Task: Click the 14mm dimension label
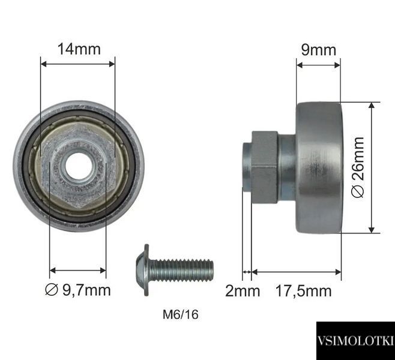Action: pos(79,49)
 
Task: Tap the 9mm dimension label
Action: pos(319,50)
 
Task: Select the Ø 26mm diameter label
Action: pos(358,167)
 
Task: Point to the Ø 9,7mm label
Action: pos(78,290)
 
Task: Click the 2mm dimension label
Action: pos(243,291)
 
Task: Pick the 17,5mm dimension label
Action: pos(303,291)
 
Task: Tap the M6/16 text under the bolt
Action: pos(180,314)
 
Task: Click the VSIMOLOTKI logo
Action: pos(355,341)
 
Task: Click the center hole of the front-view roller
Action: pos(79,166)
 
